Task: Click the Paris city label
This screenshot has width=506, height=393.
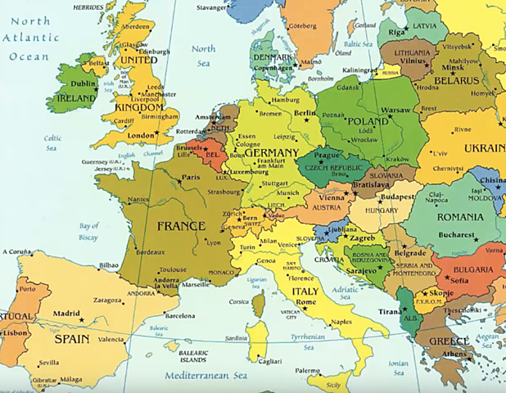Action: pyautogui.click(x=191, y=177)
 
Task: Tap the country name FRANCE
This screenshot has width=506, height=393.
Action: pyautogui.click(x=180, y=225)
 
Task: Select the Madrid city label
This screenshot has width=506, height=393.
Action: pyautogui.click(x=66, y=313)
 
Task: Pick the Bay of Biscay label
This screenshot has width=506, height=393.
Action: pyautogui.click(x=89, y=233)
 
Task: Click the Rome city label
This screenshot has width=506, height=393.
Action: pyautogui.click(x=305, y=302)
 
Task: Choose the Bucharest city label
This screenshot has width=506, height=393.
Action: pyautogui.click(x=457, y=235)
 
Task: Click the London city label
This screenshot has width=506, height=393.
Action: pyautogui.click(x=141, y=135)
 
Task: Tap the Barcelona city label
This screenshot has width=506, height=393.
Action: pyautogui.click(x=180, y=314)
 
